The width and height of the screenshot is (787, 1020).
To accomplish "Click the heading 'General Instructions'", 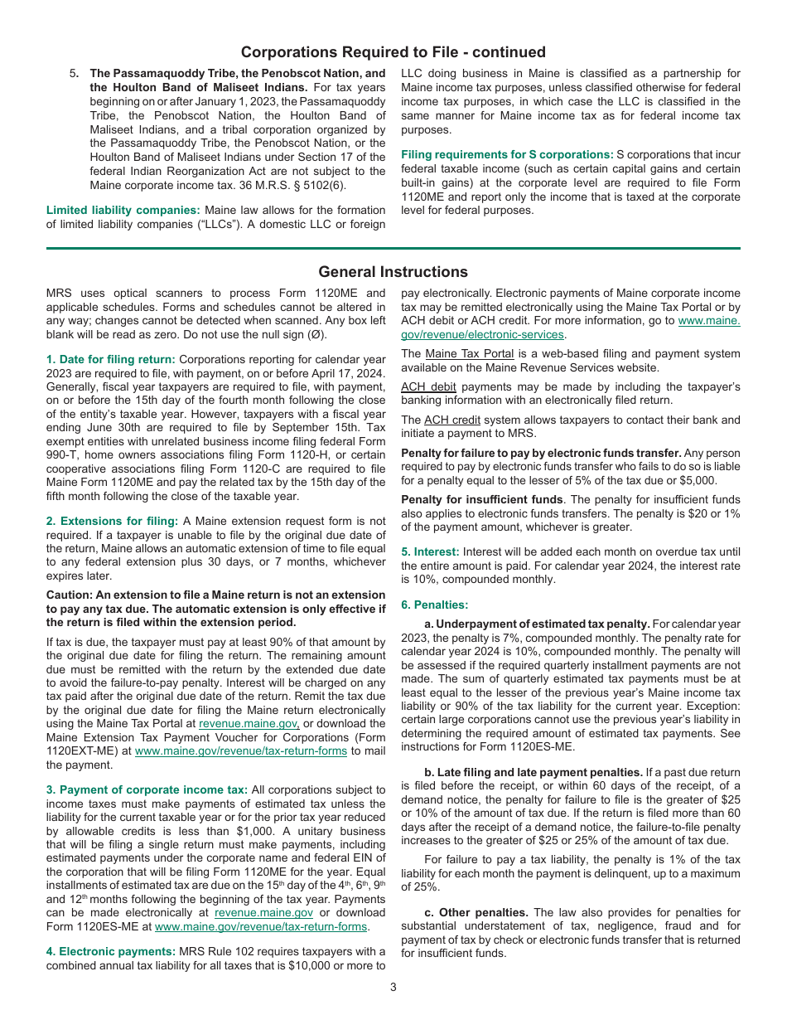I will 393,272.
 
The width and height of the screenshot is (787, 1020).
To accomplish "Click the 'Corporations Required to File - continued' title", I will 393,52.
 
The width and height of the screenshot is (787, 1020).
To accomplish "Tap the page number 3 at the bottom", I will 393,987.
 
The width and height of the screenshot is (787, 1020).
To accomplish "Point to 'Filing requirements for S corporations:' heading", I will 507,155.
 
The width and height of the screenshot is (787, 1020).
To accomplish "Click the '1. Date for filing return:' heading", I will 110,359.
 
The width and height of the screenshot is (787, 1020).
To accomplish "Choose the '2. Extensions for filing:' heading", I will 112,521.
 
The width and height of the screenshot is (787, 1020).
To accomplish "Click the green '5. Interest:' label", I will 430,551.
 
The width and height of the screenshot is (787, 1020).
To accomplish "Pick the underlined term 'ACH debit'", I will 428,386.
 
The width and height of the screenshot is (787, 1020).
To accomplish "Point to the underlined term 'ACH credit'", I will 452,420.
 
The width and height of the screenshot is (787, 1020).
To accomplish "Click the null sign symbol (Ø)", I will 316,333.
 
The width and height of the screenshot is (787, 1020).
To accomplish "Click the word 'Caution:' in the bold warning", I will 71,595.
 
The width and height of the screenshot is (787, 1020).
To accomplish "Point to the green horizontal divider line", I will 393,248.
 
